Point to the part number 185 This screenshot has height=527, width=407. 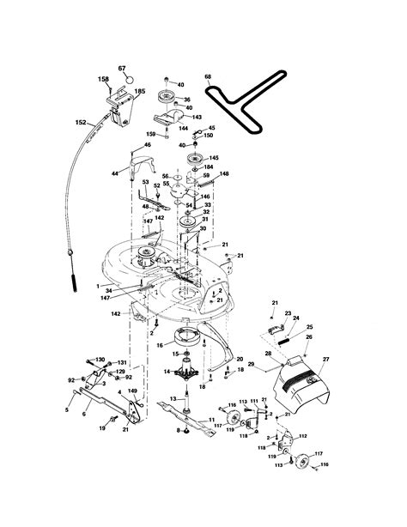pos(140,91)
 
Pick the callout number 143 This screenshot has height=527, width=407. pos(197,118)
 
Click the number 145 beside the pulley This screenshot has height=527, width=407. pos(213,158)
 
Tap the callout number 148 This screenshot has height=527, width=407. pos(223,173)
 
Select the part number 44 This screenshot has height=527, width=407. pos(115,174)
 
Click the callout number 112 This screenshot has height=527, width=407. pos(302,435)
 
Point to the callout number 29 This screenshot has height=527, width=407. pos(251,366)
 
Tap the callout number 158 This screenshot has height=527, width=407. pos(104,80)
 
